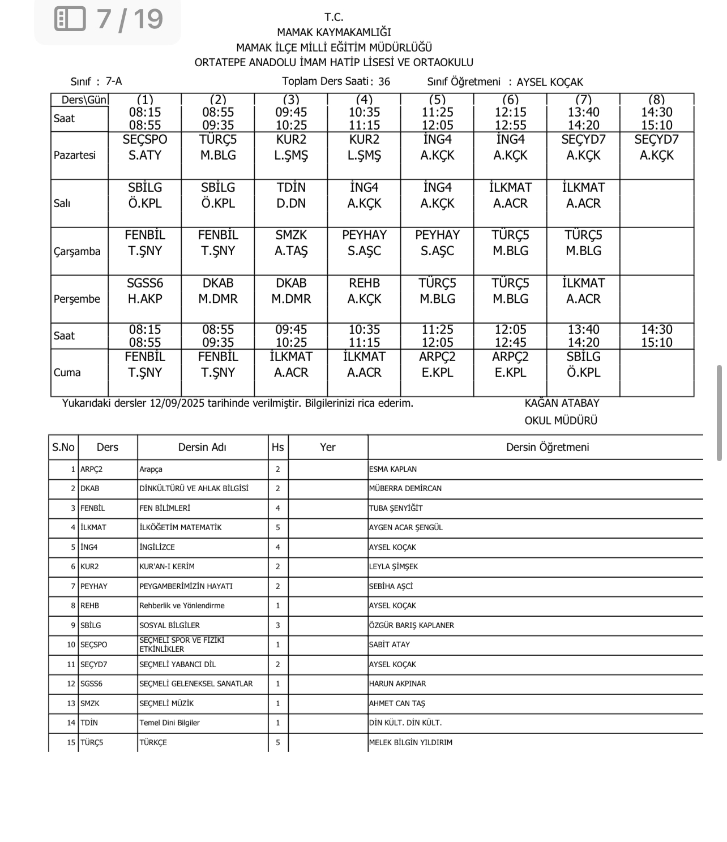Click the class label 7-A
pos(114,81)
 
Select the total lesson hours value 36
pos(384,81)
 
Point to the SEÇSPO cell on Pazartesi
pos(145,148)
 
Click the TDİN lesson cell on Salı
pos(291,195)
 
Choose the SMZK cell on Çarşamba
pos(291,243)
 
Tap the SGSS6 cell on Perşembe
pos(145,291)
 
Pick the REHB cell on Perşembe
pos(364,291)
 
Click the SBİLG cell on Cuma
pos(583,364)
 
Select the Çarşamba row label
pos(77,251)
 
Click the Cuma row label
pos(67,372)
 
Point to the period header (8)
pos(656,100)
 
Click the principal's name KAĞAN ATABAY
pos(562,403)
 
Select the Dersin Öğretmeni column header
pos(547,447)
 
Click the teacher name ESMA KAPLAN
pos(392,469)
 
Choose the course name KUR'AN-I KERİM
pos(167,566)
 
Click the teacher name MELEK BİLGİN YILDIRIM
pos(410,742)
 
